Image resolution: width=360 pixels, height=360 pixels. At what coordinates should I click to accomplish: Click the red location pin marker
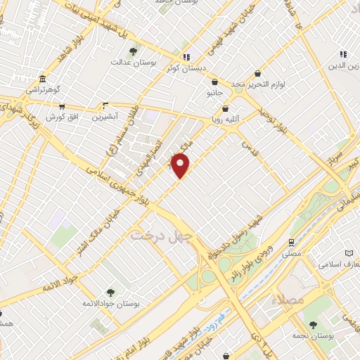[x=181, y=165]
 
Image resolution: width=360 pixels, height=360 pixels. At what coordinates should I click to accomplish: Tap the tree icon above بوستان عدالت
[x=134, y=51]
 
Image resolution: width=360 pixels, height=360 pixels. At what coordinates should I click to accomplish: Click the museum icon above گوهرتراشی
[x=44, y=79]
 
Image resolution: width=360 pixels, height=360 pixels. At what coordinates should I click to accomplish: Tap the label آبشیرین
[x=105, y=115]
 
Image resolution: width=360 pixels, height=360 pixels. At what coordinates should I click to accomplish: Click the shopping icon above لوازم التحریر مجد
[x=258, y=72]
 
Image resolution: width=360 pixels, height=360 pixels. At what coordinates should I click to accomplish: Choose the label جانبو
[x=214, y=93]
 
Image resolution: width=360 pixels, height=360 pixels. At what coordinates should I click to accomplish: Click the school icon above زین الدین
[x=343, y=54]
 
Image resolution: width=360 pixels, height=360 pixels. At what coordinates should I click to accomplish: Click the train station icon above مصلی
[x=290, y=241]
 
